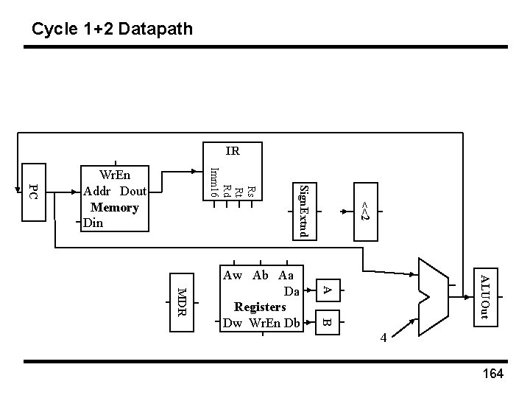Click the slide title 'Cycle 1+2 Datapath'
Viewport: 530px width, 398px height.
(113, 29)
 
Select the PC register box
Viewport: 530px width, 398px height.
(33, 191)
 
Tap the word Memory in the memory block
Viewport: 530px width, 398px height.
(114, 207)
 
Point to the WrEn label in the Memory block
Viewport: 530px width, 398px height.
(114, 176)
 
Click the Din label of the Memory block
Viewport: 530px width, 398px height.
(93, 222)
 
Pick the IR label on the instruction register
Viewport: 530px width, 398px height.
(232, 152)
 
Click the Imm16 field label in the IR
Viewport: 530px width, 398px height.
(213, 182)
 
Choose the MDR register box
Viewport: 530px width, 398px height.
(182, 303)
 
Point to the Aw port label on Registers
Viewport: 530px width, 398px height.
(232, 276)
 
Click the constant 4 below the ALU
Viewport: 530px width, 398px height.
(384, 338)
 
